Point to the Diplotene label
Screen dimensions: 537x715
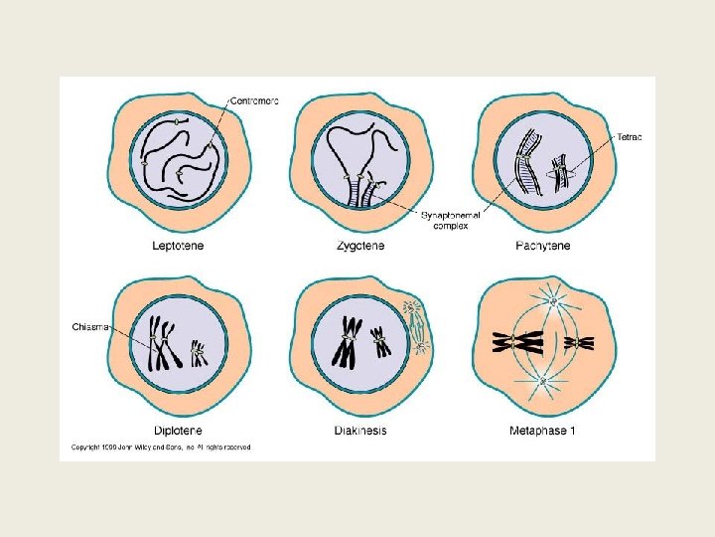pos(180,431)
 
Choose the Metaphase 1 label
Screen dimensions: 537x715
pos(541,431)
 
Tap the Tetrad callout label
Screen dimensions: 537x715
pos(630,137)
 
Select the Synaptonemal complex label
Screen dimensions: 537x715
pos(448,220)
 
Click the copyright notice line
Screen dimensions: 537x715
pos(161,447)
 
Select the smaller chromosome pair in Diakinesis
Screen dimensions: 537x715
pos(380,341)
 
